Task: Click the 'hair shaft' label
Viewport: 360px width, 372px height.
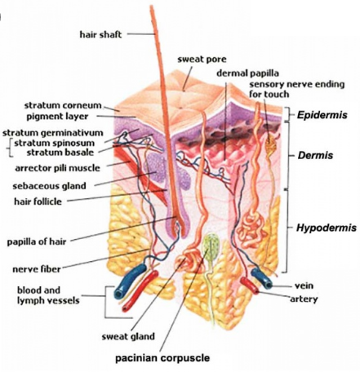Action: (x=100, y=35)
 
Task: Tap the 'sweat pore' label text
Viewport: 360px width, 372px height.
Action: (x=202, y=60)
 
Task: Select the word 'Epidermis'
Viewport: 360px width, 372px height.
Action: (x=322, y=115)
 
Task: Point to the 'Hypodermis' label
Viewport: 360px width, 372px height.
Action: (x=326, y=228)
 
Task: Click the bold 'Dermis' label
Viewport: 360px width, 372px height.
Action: (x=315, y=156)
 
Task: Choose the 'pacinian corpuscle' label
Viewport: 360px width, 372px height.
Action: (x=162, y=358)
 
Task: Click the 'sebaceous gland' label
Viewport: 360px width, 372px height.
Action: (x=49, y=186)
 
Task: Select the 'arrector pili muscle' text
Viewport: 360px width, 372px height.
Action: (x=57, y=168)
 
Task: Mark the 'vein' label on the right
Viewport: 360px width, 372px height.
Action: (x=304, y=286)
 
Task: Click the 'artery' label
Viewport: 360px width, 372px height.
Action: (x=304, y=299)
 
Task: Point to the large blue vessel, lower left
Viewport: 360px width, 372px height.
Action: (x=130, y=281)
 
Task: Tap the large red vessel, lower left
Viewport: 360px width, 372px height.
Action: (x=140, y=291)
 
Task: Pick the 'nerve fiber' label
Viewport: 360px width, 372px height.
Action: (x=37, y=269)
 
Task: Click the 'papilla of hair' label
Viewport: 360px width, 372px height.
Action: (x=37, y=241)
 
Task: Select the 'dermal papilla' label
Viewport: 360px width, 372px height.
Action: (x=247, y=73)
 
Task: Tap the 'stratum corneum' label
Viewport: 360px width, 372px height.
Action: (x=63, y=105)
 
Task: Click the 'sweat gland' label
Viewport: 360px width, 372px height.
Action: (x=128, y=337)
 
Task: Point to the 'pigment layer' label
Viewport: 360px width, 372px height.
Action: (x=57, y=117)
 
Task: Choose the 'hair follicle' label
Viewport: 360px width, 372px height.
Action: (x=38, y=201)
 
